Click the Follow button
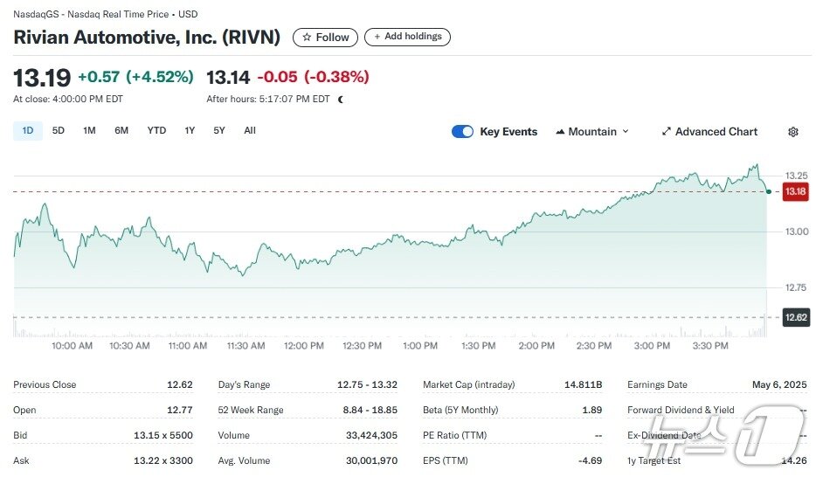coord(326,38)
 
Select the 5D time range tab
coord(59,131)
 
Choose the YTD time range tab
coord(156,131)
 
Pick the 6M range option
coord(121,131)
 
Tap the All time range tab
coord(250,131)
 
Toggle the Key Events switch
coord(462,132)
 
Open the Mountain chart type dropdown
coord(592,132)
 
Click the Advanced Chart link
coord(709,132)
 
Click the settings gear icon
coord(793,132)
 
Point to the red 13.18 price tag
coord(795,191)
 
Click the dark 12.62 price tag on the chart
coord(795,318)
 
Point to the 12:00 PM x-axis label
coord(304,346)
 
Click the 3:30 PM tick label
coord(709,346)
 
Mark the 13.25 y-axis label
coord(795,176)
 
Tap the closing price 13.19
coord(42,78)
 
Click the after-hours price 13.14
coord(228,77)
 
